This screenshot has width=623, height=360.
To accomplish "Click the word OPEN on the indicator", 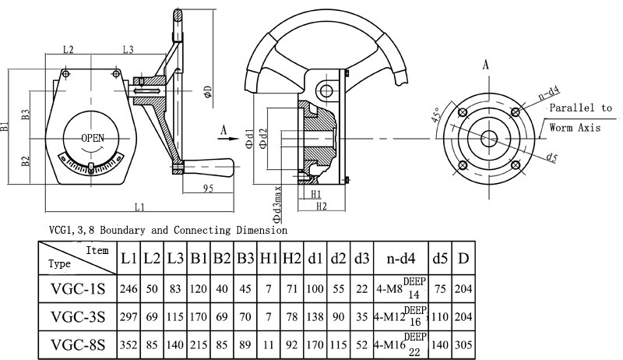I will pos(93,138).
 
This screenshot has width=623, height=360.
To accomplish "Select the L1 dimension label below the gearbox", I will pos(138,207).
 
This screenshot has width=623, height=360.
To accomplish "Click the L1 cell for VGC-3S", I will pos(128,316).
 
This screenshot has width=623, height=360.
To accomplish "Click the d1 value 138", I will pos(315,316).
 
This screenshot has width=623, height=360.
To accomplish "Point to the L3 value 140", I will pos(175,344).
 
